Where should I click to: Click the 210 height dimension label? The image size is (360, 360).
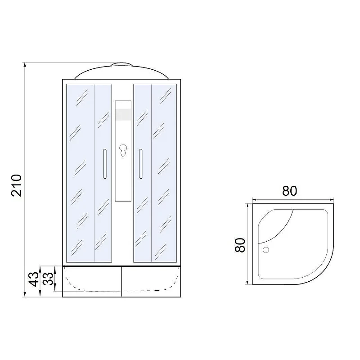point(16,185)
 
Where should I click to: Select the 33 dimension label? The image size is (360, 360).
point(48,279)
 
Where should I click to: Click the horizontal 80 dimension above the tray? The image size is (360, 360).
point(289,191)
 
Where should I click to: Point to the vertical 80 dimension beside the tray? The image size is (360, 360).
point(240,245)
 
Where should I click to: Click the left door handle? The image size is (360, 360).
point(105,164)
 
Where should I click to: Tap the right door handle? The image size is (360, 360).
point(141,164)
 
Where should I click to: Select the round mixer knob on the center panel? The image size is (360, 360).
point(123,148)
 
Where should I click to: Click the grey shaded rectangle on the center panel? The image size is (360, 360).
point(123,114)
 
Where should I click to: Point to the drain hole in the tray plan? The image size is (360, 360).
point(265,250)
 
